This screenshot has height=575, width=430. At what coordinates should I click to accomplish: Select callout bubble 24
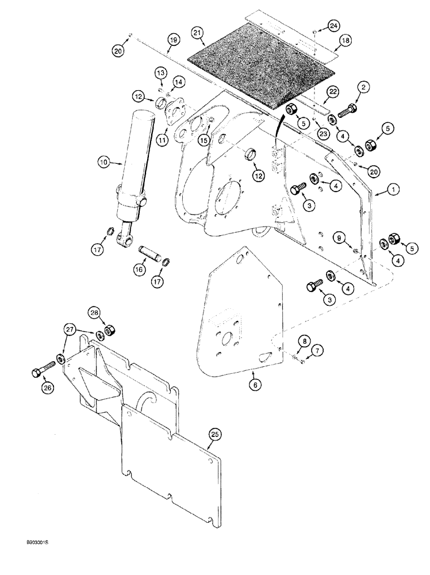pos(333,25)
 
